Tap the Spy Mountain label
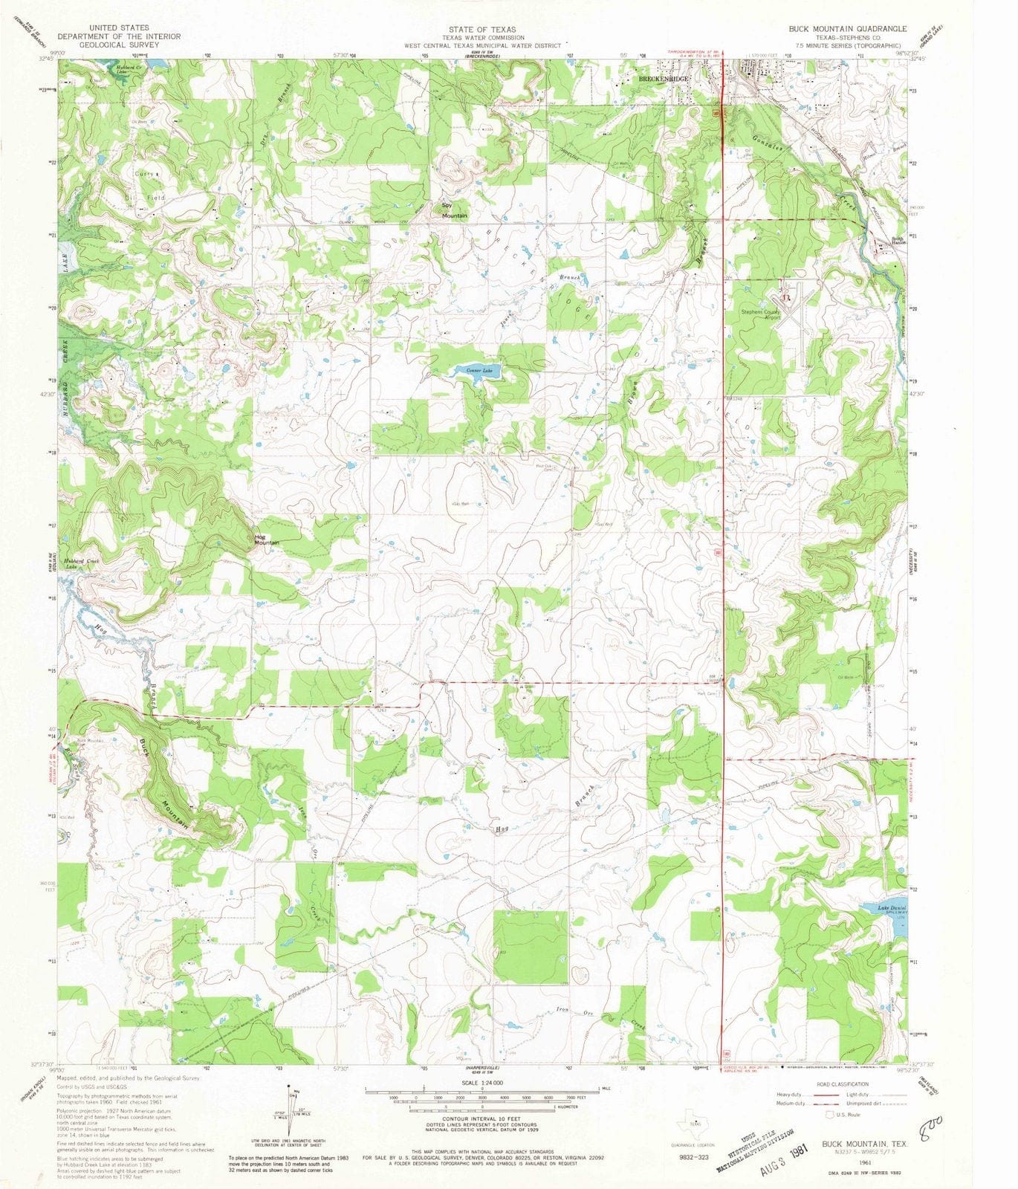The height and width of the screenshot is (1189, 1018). point(454,210)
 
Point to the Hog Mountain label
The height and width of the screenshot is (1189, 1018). point(266,540)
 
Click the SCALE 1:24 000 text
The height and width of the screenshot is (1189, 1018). point(482,1083)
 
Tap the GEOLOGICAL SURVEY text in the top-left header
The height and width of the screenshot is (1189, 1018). point(119,44)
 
